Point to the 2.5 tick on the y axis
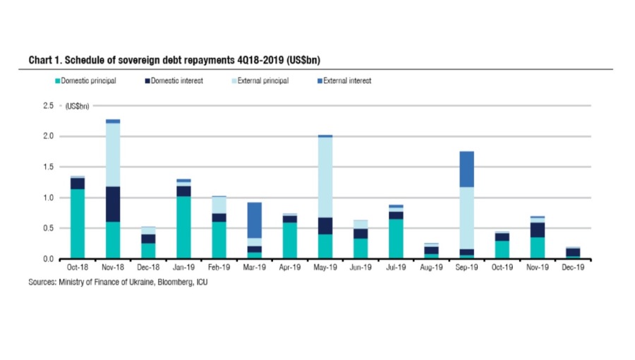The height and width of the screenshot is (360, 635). [x=48, y=105]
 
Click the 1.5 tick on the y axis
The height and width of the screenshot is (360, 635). [x=48, y=167]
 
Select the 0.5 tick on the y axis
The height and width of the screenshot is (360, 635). [x=48, y=229]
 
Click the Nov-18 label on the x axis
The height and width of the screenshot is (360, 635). [x=113, y=269]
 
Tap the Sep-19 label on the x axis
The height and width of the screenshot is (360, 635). [x=466, y=269]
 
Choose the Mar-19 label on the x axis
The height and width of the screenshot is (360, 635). [x=254, y=269]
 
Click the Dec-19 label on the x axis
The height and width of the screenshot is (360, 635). [x=571, y=269]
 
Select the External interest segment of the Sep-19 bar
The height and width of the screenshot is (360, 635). [x=466, y=169]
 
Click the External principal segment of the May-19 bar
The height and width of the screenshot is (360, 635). [x=325, y=177]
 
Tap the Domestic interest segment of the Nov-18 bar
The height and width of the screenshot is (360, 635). [x=113, y=204]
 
